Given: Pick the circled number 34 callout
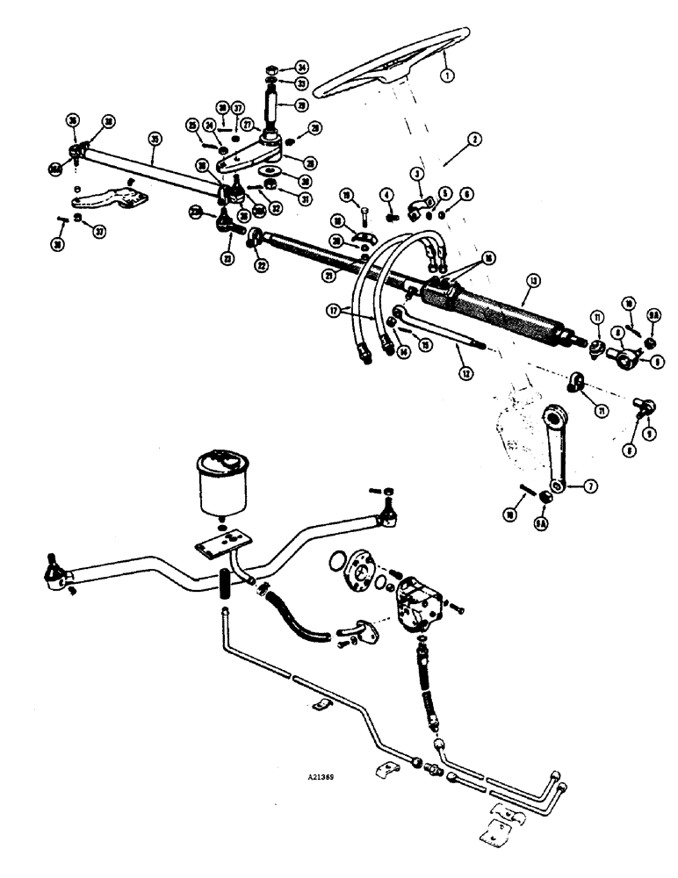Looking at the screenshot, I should (x=301, y=67).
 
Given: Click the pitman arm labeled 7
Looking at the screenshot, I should (x=554, y=448).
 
